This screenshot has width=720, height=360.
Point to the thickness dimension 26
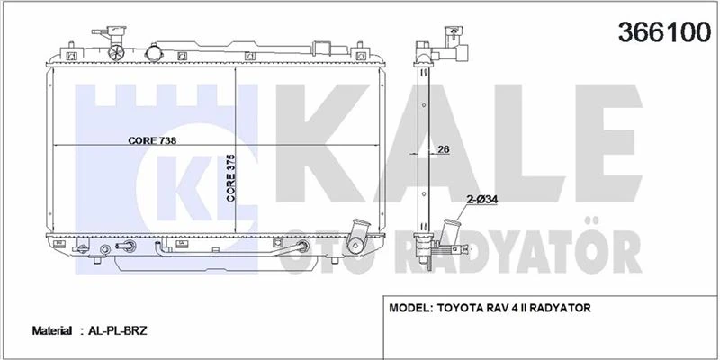click(443, 149)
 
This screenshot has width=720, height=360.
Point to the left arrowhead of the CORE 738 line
click(56, 146)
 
